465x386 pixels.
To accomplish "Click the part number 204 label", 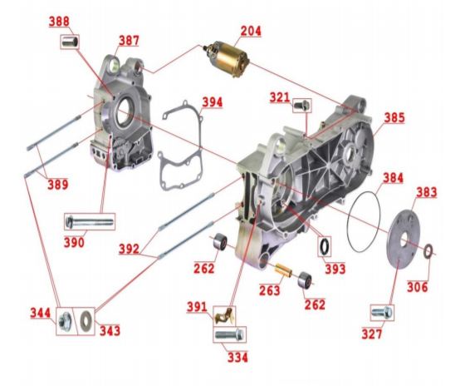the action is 251,31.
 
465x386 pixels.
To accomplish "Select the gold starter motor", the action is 228,58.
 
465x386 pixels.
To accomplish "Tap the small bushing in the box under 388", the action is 71,42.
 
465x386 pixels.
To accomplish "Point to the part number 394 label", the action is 213,102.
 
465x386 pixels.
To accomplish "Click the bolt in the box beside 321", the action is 302,105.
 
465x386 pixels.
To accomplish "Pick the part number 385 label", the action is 394,117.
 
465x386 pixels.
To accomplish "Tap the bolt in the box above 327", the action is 382,312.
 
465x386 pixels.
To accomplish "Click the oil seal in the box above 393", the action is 325,246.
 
